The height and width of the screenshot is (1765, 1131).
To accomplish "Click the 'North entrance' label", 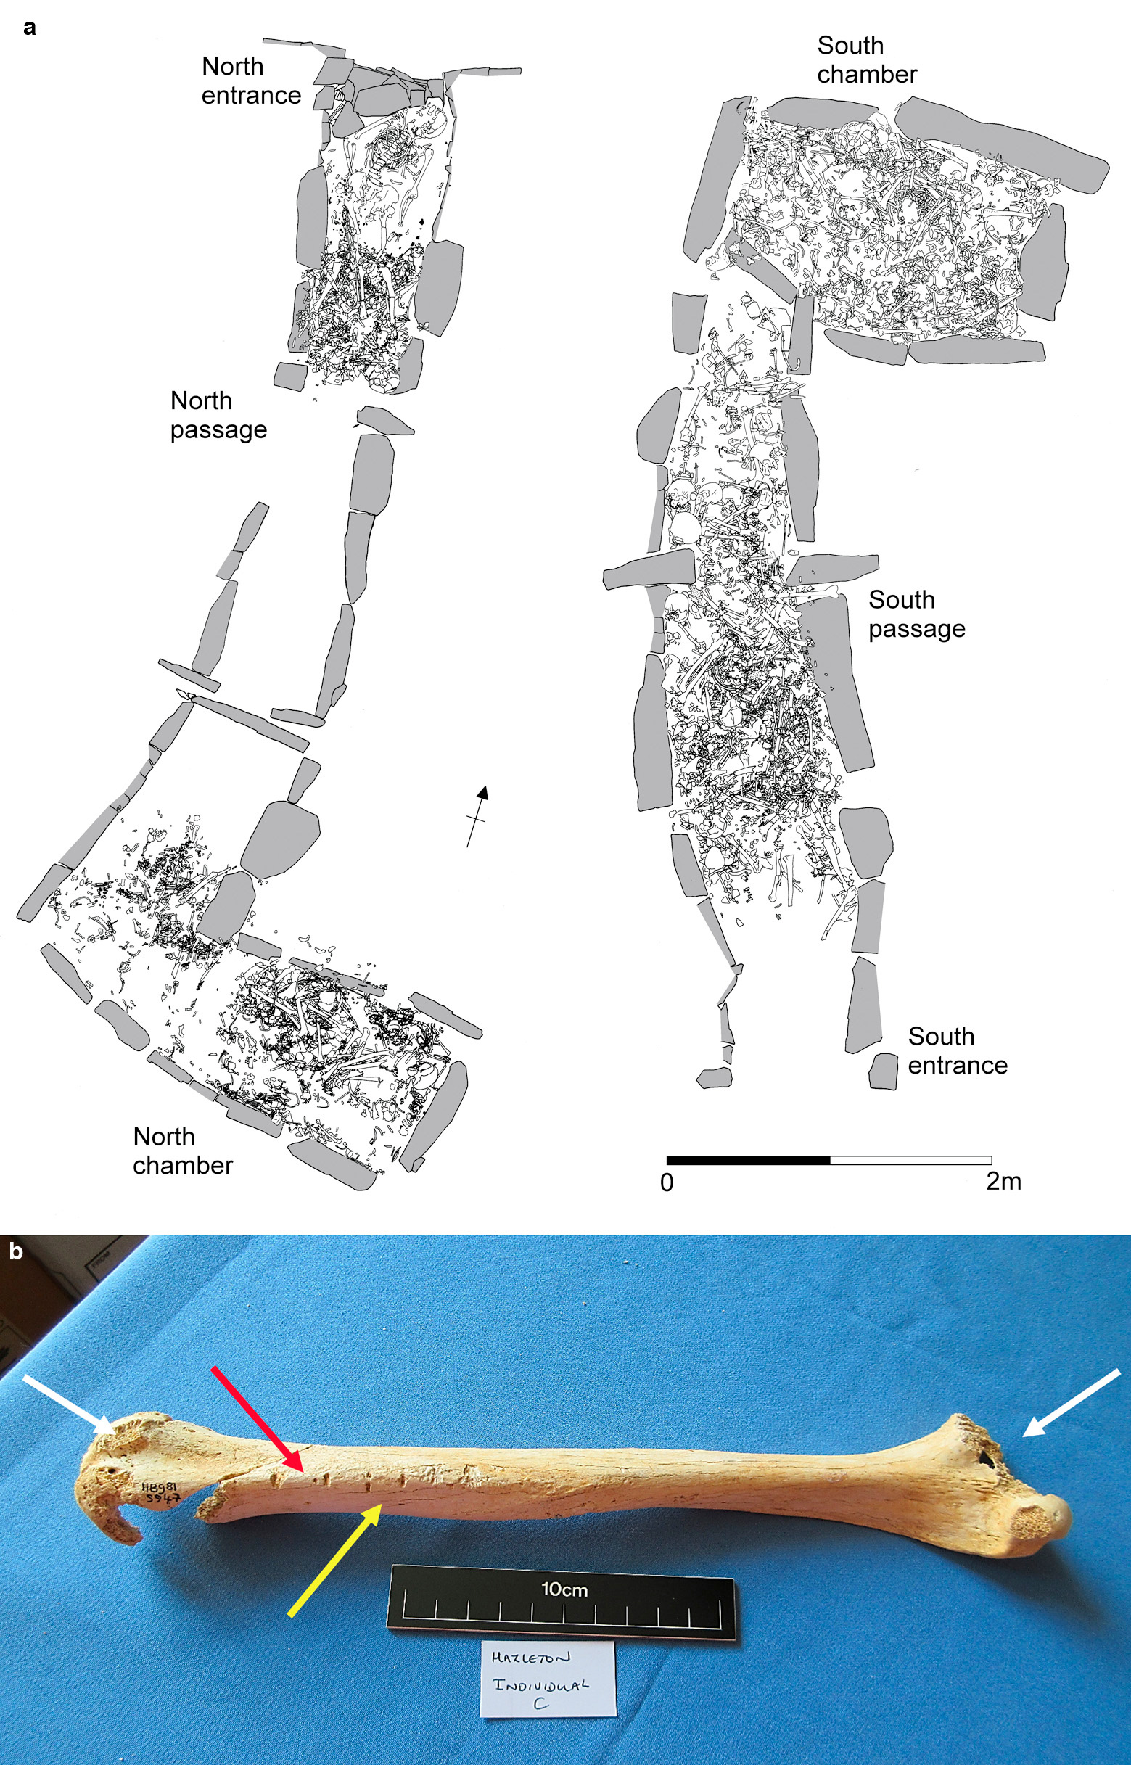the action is [x=251, y=81].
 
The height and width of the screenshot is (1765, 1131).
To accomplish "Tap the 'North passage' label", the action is [x=219, y=415].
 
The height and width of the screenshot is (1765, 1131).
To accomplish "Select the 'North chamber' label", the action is [x=183, y=1151].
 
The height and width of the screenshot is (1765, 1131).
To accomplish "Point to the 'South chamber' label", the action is [x=868, y=59].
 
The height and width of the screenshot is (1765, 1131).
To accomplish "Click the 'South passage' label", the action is [x=916, y=614].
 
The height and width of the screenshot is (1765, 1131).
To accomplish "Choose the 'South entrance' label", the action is [x=958, y=1050].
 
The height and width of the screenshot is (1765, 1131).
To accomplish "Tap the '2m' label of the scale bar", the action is [x=1003, y=1181].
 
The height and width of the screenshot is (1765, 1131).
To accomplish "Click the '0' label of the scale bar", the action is [x=667, y=1182].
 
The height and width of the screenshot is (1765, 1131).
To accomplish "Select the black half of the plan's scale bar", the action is [x=749, y=1160].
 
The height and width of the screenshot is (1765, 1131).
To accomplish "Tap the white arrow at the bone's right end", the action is [x=1072, y=1402].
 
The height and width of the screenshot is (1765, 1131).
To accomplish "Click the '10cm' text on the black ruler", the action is [x=564, y=1589].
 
